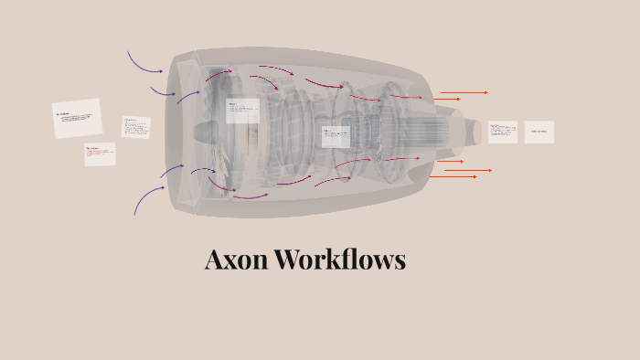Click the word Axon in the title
coord(237,259)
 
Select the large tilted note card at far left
coord(77,119)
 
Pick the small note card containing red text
coord(100,154)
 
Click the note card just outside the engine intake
coord(136,127)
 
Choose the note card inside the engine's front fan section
coord(242,111)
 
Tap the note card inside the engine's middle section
coord(336,137)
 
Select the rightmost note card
coord(539,132)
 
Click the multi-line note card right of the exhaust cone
coord(502,132)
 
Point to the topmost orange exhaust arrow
coord(464,92)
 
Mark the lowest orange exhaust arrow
coord(454,176)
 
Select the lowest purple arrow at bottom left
coord(147,198)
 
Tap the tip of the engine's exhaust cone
coord(476,132)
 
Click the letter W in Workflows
coord(289,259)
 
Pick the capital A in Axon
coord(213,259)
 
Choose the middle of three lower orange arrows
coord(468,170)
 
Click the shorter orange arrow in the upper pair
coord(447,99)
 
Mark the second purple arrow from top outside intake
coord(162,91)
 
